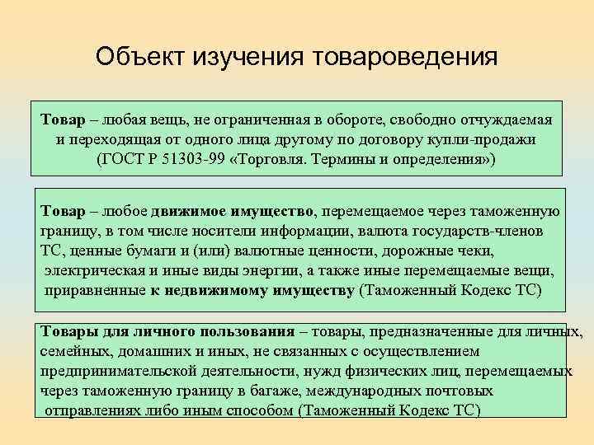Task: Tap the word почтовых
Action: [x=462, y=391]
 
